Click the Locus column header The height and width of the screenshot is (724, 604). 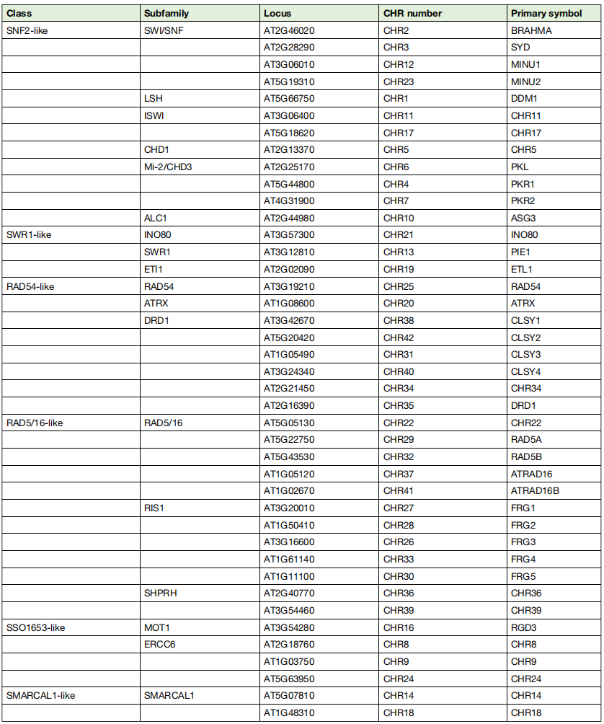pyautogui.click(x=277, y=14)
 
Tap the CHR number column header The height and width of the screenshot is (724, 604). pyautogui.click(x=412, y=14)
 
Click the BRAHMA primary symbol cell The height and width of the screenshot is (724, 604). pyautogui.click(x=531, y=31)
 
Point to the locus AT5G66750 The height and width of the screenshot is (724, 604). pyautogui.click(x=289, y=99)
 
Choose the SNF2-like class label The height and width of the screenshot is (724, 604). pyautogui.click(x=27, y=31)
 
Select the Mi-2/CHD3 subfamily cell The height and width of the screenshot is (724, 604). pyautogui.click(x=168, y=167)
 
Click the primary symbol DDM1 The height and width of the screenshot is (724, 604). pyautogui.click(x=523, y=99)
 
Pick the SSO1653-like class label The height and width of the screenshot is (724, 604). pyautogui.click(x=35, y=627)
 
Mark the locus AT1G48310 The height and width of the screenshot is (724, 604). pyautogui.click(x=289, y=713)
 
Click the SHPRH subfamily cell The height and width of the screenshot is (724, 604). pyautogui.click(x=160, y=593)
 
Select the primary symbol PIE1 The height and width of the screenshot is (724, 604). pyautogui.click(x=521, y=252)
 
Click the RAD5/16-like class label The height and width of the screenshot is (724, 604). pyautogui.click(x=35, y=423)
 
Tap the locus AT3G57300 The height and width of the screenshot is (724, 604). pyautogui.click(x=289, y=235)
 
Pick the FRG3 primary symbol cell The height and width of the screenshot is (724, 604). pyautogui.click(x=523, y=542)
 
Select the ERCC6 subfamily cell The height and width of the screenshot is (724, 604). pyautogui.click(x=160, y=645)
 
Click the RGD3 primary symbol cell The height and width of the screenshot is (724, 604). pyautogui.click(x=523, y=627)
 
